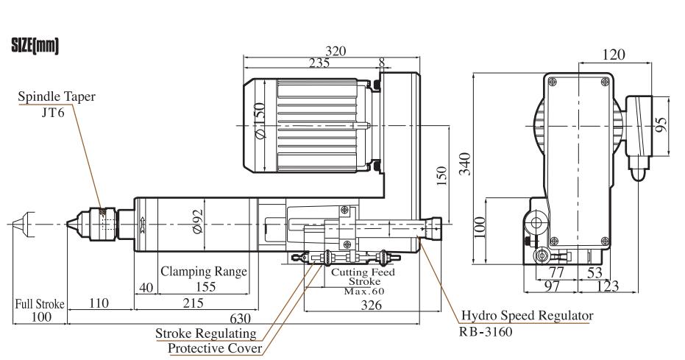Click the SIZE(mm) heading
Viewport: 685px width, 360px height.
click(x=35, y=46)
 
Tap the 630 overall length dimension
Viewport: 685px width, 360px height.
click(x=241, y=319)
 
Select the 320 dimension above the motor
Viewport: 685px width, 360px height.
click(x=336, y=51)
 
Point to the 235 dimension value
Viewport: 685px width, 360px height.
click(x=319, y=63)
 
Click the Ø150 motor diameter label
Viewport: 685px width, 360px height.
click(x=260, y=121)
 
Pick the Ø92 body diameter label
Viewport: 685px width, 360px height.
click(x=198, y=221)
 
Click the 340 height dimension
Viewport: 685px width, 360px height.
click(x=466, y=164)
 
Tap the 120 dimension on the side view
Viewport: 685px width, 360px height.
click(x=614, y=54)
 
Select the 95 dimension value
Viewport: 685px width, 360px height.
click(x=662, y=124)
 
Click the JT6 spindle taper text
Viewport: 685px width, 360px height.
click(x=53, y=113)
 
